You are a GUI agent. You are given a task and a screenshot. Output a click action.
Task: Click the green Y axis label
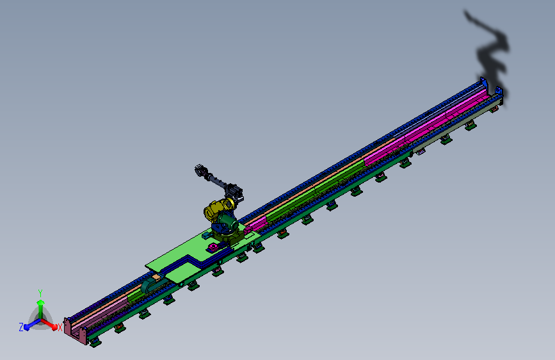coord(40,293)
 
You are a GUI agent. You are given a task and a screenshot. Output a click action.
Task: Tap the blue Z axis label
coord(21,327)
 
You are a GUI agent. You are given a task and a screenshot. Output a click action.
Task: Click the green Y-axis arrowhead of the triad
coord(40,302)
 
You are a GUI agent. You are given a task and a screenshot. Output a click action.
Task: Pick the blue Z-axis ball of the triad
coord(26,327)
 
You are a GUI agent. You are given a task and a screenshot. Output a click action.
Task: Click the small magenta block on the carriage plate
coord(213,247)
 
